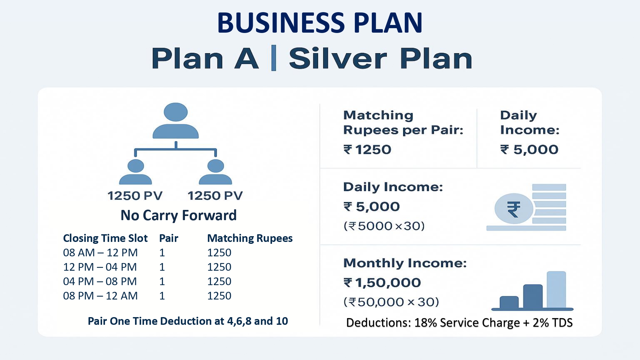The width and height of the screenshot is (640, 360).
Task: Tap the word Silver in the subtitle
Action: click(x=338, y=59)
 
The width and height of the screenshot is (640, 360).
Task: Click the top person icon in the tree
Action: click(x=176, y=121)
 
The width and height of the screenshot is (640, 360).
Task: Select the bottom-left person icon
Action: click(x=135, y=172)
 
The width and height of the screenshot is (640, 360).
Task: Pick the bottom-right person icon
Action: click(x=215, y=172)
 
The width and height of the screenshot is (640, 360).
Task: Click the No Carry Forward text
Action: click(x=179, y=215)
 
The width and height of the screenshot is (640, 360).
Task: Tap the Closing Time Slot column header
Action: click(x=105, y=238)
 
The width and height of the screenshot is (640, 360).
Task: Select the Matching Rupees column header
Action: click(x=250, y=238)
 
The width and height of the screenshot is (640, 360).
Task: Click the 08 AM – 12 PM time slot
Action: click(x=100, y=253)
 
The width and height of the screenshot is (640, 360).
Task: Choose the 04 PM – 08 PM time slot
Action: click(x=100, y=282)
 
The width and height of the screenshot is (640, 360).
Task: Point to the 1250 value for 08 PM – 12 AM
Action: click(x=219, y=296)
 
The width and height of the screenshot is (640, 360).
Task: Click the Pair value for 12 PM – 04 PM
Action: click(x=162, y=267)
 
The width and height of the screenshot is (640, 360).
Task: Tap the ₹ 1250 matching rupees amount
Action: click(x=367, y=149)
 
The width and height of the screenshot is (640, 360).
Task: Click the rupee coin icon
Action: click(x=514, y=209)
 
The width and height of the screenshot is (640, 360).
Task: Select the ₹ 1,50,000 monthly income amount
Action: click(x=382, y=283)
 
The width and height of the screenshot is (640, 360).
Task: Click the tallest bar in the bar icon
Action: click(x=556, y=290)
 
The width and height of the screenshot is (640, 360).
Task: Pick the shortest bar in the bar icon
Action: click(x=509, y=302)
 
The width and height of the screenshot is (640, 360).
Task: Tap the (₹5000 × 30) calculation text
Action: click(x=384, y=226)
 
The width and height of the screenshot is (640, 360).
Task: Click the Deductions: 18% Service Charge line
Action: click(x=460, y=323)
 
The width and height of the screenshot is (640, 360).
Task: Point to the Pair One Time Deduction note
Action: click(x=188, y=321)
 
